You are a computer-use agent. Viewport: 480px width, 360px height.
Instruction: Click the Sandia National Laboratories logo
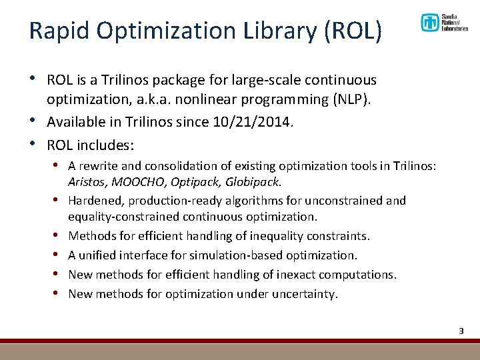444,23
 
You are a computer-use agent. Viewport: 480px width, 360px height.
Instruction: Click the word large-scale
264,81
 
